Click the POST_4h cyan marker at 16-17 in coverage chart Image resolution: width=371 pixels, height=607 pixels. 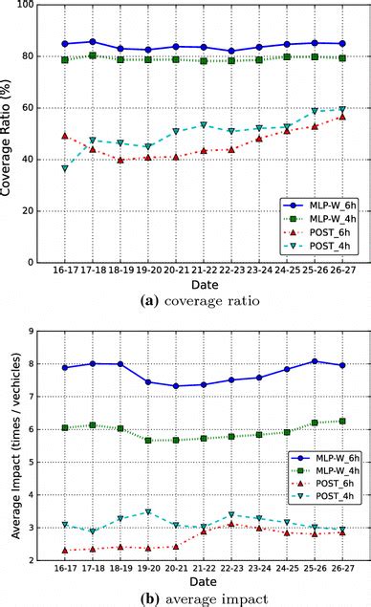click(x=65, y=168)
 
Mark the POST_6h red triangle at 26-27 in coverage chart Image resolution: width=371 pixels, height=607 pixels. click(x=341, y=117)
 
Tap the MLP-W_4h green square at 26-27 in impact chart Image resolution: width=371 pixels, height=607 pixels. click(x=341, y=421)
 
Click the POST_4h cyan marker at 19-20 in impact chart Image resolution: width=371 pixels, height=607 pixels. click(x=147, y=512)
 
